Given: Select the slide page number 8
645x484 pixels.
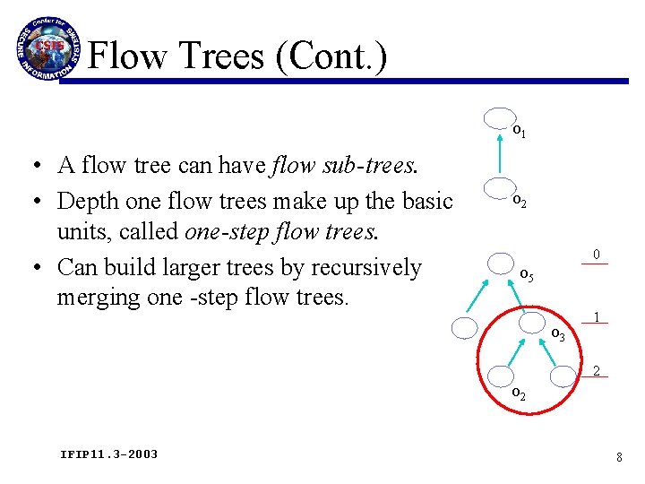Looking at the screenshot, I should (x=619, y=457).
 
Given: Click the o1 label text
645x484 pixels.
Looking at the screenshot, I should (x=519, y=132).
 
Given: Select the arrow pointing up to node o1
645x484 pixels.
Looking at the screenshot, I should (x=500, y=152).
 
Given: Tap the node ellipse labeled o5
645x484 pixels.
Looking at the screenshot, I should (x=502, y=264).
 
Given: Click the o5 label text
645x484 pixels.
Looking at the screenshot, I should (x=527, y=275).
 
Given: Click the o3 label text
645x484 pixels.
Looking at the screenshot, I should (x=557, y=334).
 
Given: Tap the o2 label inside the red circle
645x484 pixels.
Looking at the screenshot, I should (x=518, y=394).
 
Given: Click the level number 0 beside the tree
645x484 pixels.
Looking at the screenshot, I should (x=596, y=255).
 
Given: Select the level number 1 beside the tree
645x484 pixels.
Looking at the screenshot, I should (x=596, y=316).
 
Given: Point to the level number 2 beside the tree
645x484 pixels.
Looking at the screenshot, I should (x=596, y=371).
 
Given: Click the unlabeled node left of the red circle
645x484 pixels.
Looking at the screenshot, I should (x=465, y=328).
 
